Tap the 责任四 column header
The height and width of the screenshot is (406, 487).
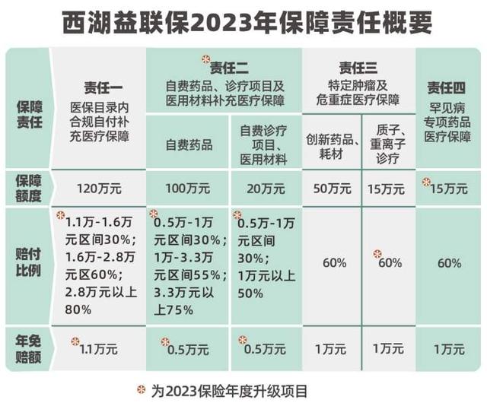tap(447, 85)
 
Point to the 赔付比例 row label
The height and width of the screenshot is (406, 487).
tap(27, 263)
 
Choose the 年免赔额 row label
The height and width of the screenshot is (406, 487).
tap(27, 347)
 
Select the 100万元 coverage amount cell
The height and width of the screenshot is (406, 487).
tap(188, 185)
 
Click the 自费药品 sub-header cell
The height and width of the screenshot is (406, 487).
tap(188, 144)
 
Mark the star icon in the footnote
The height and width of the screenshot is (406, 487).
tap(138, 390)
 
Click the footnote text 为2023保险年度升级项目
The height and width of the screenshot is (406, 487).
tap(229, 391)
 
